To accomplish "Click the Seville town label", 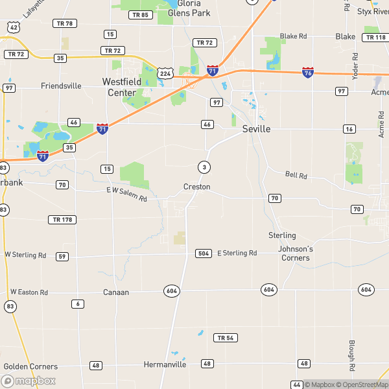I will (256, 129).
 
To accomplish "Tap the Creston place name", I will (196, 187).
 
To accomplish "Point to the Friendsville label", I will (61, 86).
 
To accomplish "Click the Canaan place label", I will (116, 292).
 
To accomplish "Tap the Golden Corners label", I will (30, 366).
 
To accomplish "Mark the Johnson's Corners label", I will (295, 253).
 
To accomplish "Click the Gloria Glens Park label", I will (189, 8).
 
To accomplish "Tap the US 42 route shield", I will (13, 27).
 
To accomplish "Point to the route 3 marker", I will (205, 167).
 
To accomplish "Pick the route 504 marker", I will (203, 253).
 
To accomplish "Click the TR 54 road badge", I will (225, 338).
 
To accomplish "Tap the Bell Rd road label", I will (295, 174).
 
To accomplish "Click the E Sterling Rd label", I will (237, 253).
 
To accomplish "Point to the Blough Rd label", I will (352, 355).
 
